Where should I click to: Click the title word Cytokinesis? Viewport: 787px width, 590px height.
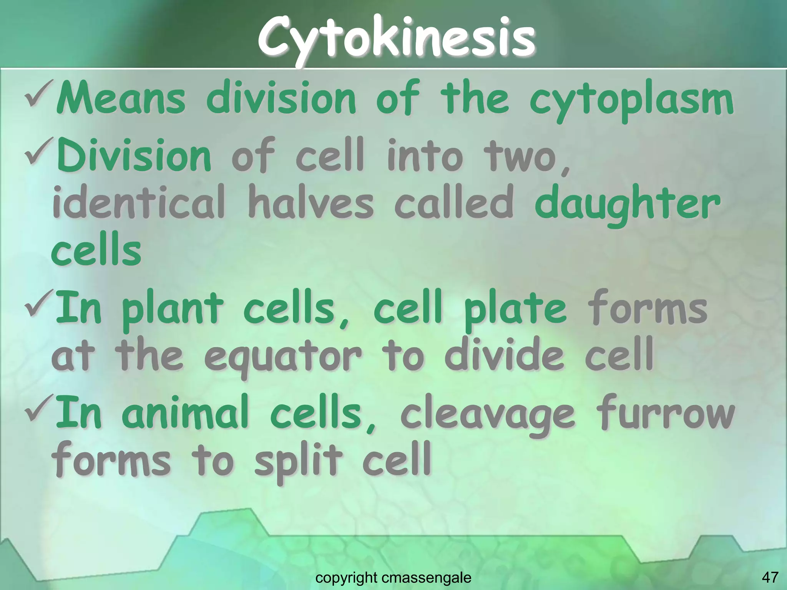tap(396, 38)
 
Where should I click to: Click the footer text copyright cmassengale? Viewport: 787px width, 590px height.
tap(393, 577)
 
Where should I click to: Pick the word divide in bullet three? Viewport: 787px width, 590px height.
tap(504, 355)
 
